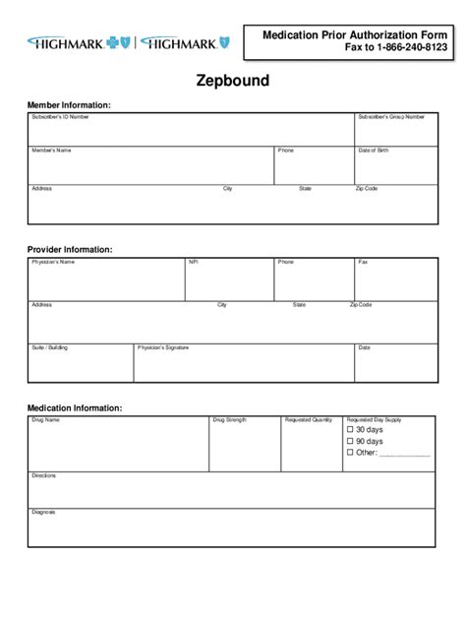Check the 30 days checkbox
pos(350,430)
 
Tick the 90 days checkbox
pos(350,442)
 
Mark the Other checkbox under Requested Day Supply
pos(350,454)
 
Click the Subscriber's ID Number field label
pos(60,117)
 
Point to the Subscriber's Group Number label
pos(391,117)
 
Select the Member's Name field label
pos(51,151)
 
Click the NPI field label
pos(193,263)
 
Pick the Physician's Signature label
pos(163,347)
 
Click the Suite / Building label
pos(50,347)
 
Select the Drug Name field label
pos(46,420)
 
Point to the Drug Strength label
pos(230,420)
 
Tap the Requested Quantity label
pos(309,420)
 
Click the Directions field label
pos(44,476)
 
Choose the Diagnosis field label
pos(43,512)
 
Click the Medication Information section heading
pos(75,407)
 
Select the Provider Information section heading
pos(70,250)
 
